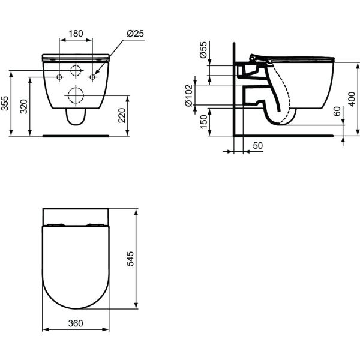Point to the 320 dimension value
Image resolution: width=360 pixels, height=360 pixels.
(24, 107)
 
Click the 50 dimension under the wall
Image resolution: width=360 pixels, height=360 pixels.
(258, 146)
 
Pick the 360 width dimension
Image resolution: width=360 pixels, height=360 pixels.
(75, 323)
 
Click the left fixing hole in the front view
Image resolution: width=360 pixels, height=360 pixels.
(59, 77)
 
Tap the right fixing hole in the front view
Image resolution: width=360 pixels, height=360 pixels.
(92, 77)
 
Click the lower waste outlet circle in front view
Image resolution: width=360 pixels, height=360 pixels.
(76, 95)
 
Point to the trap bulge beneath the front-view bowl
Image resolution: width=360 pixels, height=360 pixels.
(76, 118)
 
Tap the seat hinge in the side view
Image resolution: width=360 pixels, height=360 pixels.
(257, 58)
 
